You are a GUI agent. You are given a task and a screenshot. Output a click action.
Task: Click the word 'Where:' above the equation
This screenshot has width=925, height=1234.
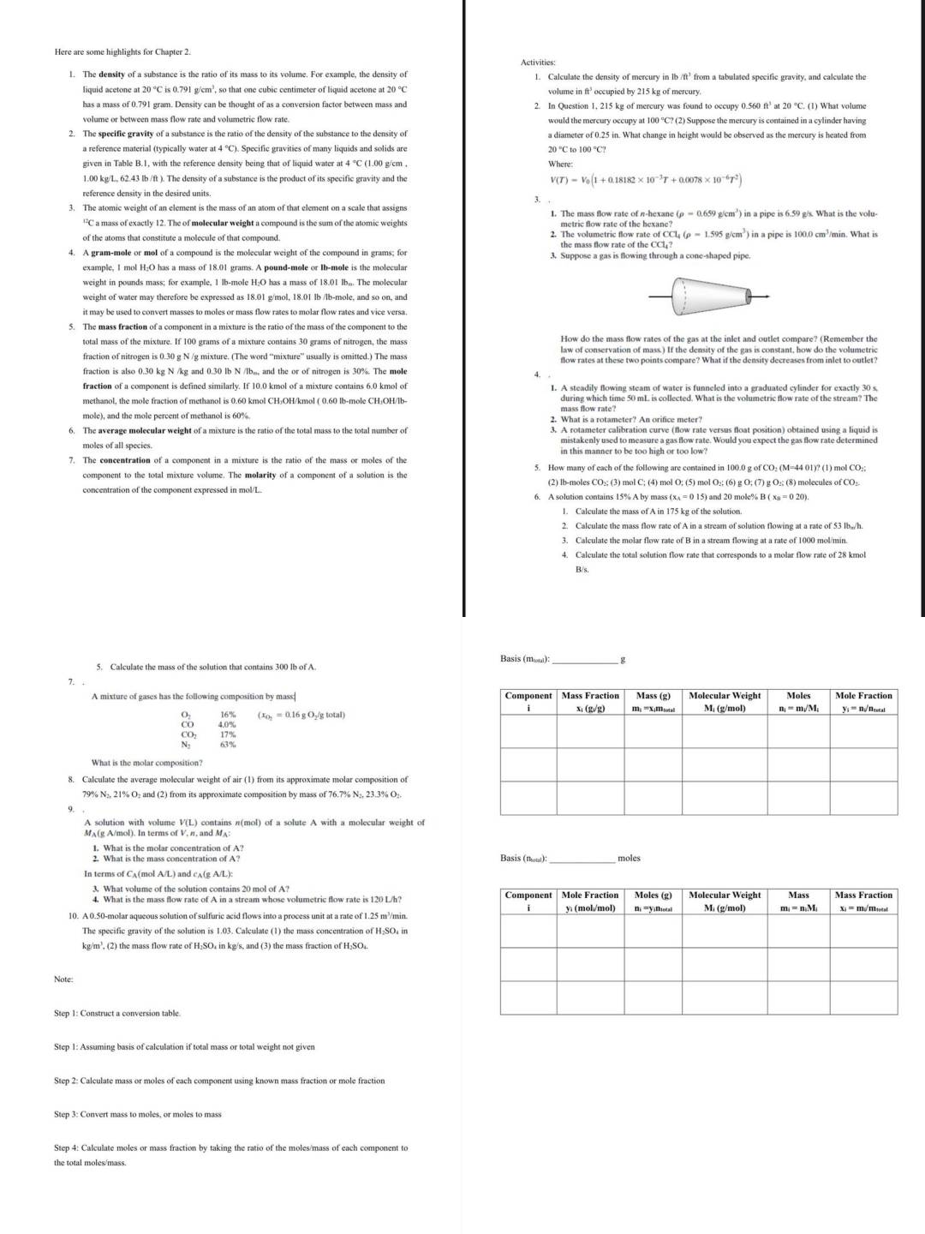coord(560,164)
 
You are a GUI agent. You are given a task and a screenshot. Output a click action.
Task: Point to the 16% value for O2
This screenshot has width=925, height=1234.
coord(228,715)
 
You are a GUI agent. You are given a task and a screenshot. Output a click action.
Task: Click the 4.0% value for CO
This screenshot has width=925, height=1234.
coord(228,725)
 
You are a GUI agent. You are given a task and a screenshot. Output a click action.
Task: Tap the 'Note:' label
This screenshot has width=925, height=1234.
coord(63,979)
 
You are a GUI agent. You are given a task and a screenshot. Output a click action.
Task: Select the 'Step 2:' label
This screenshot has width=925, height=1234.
coord(69,1081)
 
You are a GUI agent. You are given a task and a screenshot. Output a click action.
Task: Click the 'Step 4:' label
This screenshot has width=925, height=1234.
coord(69,1147)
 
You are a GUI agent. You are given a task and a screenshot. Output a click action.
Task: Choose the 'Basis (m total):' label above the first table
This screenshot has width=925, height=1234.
coord(525,659)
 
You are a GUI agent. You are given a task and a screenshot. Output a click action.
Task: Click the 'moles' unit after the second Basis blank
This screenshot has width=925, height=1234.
coord(629,858)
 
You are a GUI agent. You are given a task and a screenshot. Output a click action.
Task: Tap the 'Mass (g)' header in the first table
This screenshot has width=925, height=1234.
coord(653,696)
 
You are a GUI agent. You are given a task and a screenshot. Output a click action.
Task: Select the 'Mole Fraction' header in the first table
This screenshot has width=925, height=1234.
coord(863,696)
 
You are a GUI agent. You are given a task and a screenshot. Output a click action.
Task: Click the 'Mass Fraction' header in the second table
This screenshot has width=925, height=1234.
coord(863,896)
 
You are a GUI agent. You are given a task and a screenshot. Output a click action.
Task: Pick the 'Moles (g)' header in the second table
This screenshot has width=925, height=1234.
coord(653,896)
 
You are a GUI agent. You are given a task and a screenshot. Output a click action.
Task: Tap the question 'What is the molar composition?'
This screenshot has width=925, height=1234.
coord(147,763)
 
